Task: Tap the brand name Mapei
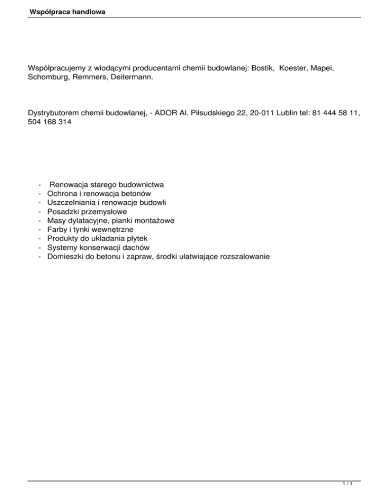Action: (x=326, y=67)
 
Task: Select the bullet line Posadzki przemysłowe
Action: (x=86, y=211)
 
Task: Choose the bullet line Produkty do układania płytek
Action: (x=97, y=238)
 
